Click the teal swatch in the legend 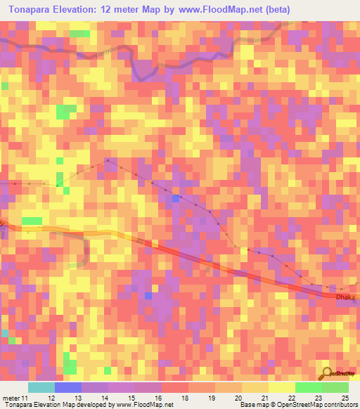(x=41, y=387)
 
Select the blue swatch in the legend (x=68, y=387)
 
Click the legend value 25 (x=345, y=398)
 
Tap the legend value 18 (x=184, y=398)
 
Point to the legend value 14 (x=104, y=398)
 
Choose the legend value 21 (x=264, y=398)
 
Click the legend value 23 (x=318, y=398)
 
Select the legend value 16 (x=157, y=398)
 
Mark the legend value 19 (x=211, y=398)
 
